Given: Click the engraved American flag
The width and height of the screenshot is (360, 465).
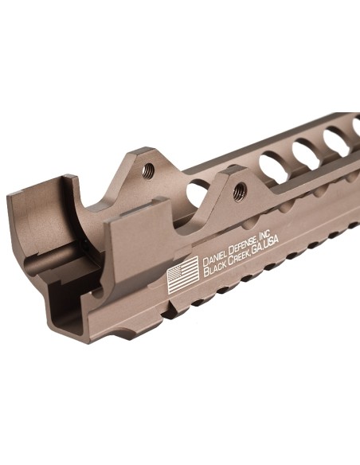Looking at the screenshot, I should coord(183,277).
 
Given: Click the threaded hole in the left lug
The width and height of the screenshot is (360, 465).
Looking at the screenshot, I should coord(148,170).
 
